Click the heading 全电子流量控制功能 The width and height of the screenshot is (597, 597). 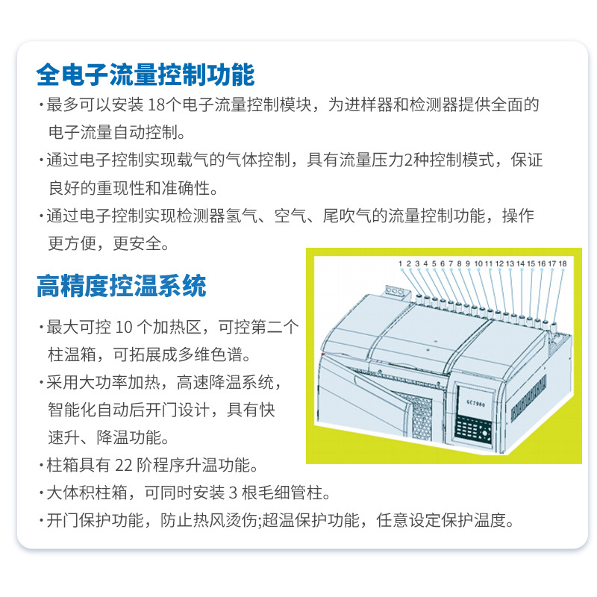pos(146,75)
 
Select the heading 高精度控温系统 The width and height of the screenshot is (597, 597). pos(121,285)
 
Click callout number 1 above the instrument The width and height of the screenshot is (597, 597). pos(401,263)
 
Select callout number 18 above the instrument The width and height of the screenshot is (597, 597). pos(562,263)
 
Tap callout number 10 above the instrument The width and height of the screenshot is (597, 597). pos(478,263)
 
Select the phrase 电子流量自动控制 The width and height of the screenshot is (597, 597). pos(116,133)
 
